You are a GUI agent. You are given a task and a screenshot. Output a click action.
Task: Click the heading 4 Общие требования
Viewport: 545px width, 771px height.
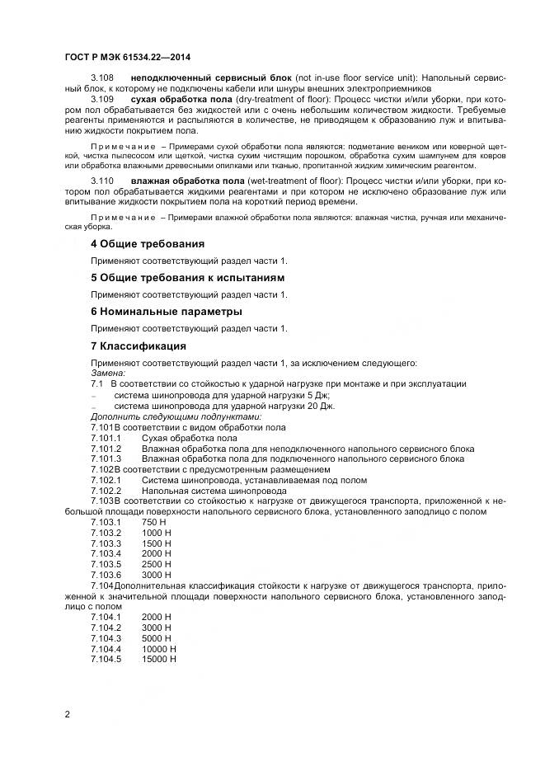coord(147,243)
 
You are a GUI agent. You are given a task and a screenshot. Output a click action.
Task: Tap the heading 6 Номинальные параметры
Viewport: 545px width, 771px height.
coord(166,312)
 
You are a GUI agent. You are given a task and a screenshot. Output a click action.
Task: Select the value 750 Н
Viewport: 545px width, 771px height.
coord(154,523)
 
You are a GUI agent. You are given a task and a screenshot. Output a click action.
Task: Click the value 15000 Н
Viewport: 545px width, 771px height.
coord(159,659)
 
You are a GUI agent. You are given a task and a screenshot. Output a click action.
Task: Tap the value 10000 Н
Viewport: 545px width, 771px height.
coord(159,648)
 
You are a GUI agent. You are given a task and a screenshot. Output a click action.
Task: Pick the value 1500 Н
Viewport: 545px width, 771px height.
coord(157,543)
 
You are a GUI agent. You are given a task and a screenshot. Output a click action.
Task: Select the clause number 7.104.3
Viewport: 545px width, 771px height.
coord(106,637)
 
